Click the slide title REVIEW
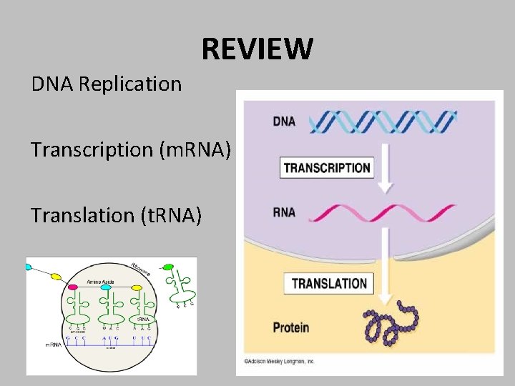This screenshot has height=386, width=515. point(257,49)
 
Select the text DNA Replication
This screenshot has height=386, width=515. point(107,84)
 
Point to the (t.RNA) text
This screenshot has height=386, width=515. point(167,214)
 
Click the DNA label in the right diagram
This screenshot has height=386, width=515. point(284,122)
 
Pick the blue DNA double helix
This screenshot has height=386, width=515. point(386,122)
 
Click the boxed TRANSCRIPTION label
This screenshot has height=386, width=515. point(327,169)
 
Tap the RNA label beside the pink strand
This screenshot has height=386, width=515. point(285,212)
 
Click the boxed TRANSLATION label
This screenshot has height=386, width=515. point(329,283)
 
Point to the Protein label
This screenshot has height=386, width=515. point(291,327)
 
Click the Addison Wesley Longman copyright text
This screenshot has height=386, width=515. point(279,360)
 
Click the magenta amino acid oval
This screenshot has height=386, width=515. point(72,287)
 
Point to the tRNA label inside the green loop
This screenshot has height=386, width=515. point(142,318)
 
